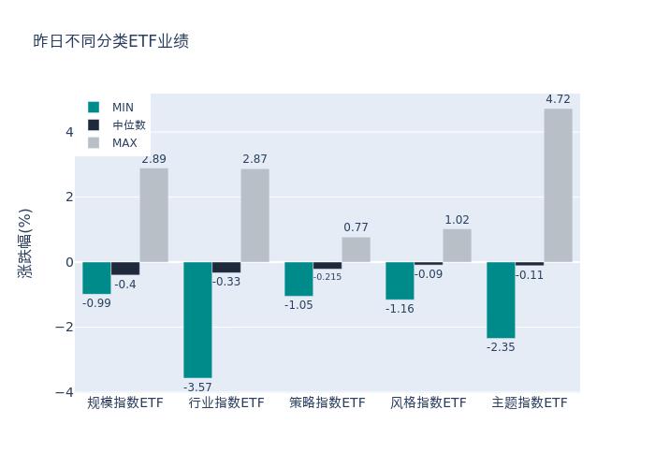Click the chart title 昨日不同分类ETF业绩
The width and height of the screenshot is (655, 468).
(110, 41)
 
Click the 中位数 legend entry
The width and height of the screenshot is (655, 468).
(128, 125)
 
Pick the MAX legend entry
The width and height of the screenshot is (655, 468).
(124, 143)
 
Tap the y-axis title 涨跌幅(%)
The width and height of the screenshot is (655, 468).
(25, 242)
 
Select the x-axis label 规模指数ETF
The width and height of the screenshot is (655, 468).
(125, 403)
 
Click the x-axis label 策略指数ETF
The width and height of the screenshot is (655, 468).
(327, 403)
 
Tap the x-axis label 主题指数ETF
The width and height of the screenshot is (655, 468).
(530, 403)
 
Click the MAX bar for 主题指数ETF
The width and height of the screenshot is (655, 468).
(558, 185)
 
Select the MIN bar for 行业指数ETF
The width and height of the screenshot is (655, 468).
(197, 320)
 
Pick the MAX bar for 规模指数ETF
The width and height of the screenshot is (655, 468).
(153, 215)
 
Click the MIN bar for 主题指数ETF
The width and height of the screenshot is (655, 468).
(501, 300)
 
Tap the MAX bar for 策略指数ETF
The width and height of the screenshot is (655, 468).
(356, 249)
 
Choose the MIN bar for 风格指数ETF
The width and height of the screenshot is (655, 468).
(400, 281)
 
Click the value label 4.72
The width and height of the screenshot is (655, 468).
(558, 99)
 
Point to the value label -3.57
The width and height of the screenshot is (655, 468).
(197, 387)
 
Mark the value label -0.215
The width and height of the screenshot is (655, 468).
(327, 277)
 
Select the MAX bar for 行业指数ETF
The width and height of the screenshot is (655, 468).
(255, 215)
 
